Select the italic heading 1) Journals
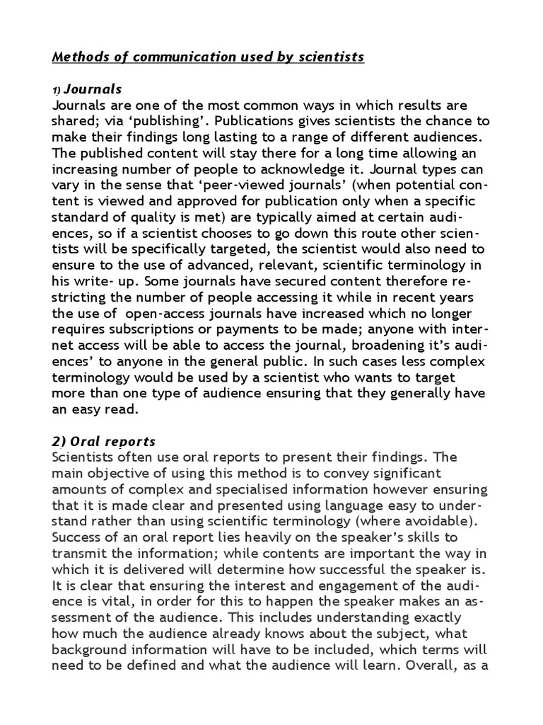point(87,89)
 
